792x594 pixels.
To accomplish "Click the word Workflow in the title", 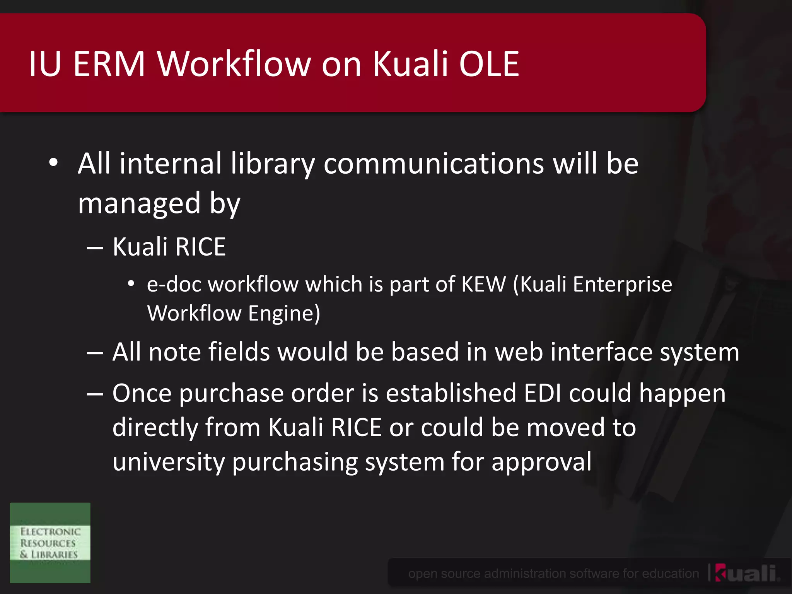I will coord(234,64).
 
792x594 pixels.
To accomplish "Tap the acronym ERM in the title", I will coord(109,64).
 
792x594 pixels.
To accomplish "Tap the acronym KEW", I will coord(483,284).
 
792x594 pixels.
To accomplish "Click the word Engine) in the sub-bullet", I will coord(284,313).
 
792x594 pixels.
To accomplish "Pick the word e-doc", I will coord(174,284).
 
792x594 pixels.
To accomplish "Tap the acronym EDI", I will coord(543,393).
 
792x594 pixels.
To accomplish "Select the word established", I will coord(451,393).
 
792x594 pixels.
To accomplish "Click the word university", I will coord(169,462).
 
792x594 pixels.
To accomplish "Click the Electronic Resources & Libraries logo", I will coord(50,543).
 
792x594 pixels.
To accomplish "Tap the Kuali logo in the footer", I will coord(746,573).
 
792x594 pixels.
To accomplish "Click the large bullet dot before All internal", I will coord(53,163).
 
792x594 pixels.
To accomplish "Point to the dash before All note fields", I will coord(95,353).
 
